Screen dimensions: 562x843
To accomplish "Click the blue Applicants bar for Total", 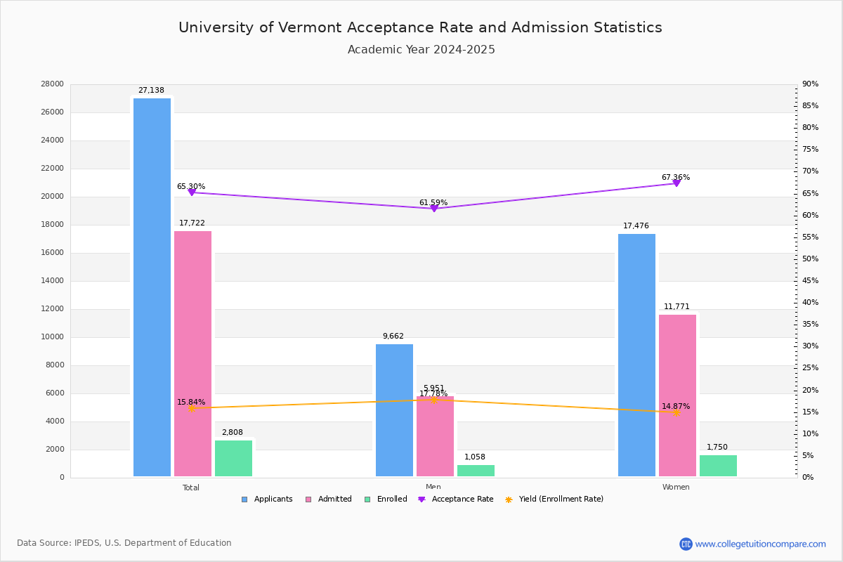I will [x=152, y=287].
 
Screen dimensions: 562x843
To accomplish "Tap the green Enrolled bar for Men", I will [x=476, y=471].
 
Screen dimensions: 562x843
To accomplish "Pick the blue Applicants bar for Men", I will [x=394, y=410].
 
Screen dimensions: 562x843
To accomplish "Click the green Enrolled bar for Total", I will [x=233, y=459].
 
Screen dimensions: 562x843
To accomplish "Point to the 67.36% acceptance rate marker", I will [x=677, y=183].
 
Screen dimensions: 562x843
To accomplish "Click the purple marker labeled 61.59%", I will [x=433, y=208].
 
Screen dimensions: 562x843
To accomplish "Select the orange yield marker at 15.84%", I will [x=191, y=408].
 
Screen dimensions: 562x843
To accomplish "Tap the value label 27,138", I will [x=151, y=91].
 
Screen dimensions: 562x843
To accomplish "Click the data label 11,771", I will [x=677, y=307].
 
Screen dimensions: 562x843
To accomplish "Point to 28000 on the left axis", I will [x=53, y=84].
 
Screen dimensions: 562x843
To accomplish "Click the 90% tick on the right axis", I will [x=811, y=84].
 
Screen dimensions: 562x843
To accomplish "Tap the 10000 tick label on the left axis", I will [x=53, y=337].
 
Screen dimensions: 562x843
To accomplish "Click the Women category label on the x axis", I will [x=676, y=488].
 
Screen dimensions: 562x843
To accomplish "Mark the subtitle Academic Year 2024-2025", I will [x=421, y=50].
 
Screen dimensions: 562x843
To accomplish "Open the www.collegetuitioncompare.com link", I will [x=760, y=544].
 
